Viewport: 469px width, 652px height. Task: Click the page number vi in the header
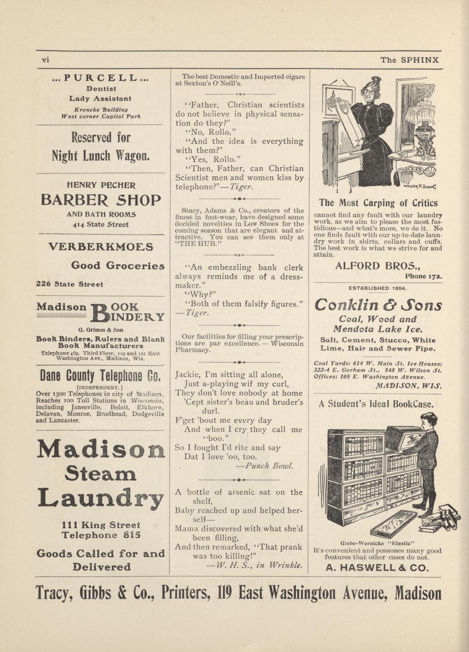pos(46,60)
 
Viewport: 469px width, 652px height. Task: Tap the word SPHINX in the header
pos(420,60)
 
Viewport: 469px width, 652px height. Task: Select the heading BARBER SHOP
pos(101,200)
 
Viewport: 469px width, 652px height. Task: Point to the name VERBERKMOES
pos(101,247)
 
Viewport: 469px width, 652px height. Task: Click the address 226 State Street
pos(69,284)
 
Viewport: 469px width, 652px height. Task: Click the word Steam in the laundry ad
pos(101,473)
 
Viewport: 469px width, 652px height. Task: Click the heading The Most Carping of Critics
pos(378,203)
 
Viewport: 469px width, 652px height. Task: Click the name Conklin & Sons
pos(378,305)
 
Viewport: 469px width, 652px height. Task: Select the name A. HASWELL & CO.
pos(378,568)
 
